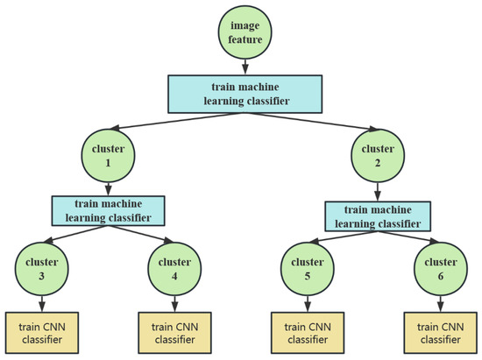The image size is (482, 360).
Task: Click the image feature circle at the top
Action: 244,33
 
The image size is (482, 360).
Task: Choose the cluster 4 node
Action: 174,267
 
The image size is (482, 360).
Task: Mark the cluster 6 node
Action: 443,267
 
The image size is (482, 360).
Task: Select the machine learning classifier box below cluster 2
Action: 378,215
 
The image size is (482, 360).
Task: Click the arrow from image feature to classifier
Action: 244,67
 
